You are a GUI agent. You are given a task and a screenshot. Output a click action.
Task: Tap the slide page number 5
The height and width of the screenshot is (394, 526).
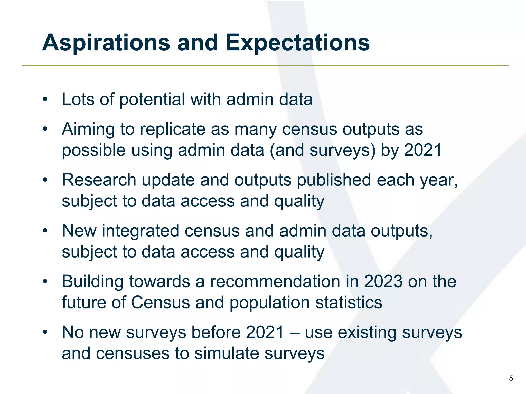coord(511,378)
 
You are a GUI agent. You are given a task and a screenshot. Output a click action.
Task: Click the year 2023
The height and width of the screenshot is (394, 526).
coord(383,281)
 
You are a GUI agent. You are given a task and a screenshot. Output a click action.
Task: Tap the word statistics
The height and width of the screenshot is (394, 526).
coord(349,302)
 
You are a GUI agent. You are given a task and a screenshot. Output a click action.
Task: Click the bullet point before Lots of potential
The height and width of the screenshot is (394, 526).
coord(45,100)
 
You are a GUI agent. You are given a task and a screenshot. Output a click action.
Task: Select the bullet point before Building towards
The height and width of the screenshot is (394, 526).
coord(45,281)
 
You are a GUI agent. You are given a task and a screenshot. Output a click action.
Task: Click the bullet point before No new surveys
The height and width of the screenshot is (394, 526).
coord(45,332)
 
